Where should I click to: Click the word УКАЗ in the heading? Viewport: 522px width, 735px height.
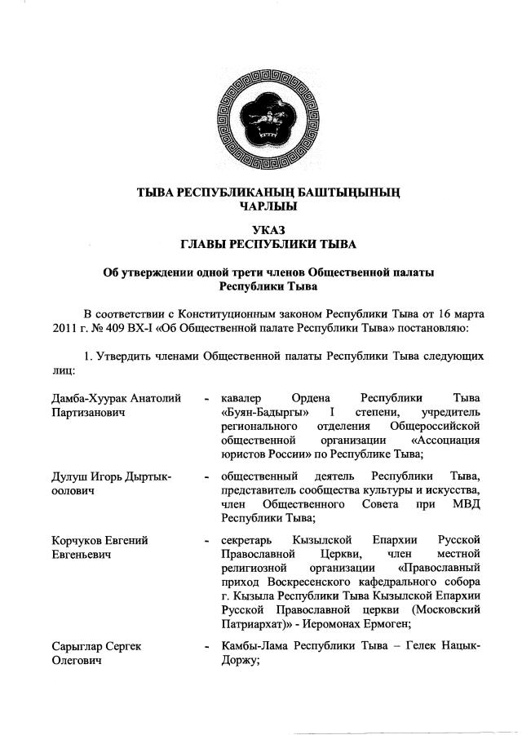[x=262, y=230]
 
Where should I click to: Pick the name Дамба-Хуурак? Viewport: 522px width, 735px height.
[x=85, y=399]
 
